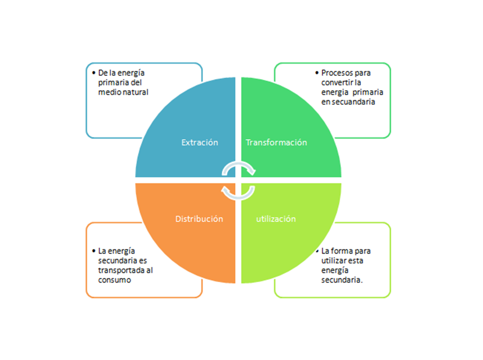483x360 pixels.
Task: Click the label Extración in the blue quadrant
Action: [199, 142]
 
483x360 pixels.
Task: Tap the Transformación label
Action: [276, 142]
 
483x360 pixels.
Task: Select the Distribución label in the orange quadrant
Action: [199, 218]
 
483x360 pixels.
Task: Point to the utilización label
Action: [276, 218]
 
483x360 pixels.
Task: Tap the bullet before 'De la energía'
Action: [94, 73]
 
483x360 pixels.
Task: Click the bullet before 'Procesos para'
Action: [317, 73]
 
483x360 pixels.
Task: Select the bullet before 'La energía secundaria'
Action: [94, 251]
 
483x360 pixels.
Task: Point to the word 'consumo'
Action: [114, 280]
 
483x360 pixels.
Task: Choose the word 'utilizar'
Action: [333, 261]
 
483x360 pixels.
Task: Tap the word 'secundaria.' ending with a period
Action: [342, 280]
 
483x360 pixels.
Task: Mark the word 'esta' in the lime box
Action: [355, 261]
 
